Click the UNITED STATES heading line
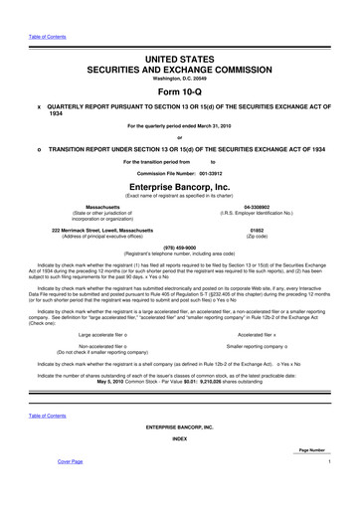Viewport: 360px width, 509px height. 180,34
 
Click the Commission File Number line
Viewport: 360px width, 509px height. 180,171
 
